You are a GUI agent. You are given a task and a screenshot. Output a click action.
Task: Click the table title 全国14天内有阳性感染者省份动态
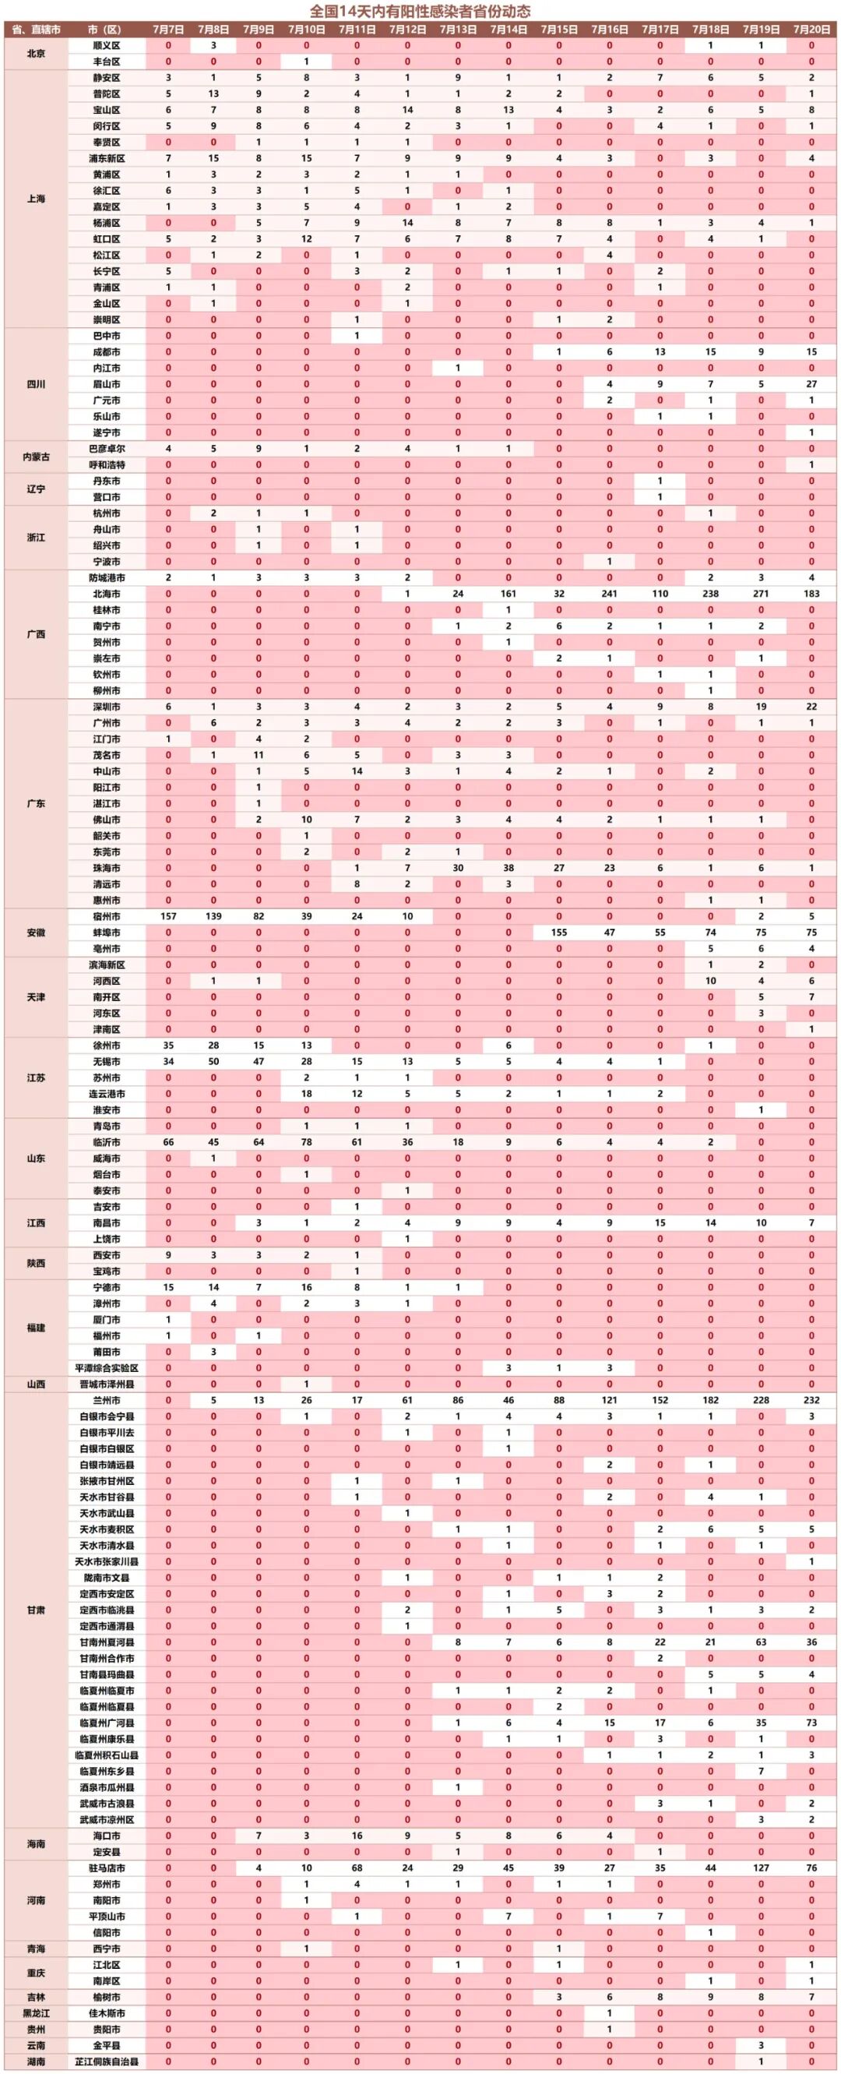pyautogui.click(x=420, y=11)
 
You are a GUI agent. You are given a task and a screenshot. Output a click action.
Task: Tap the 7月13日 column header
pyautogui.click(x=458, y=30)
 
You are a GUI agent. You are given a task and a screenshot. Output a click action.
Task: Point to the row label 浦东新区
pyautogui.click(x=106, y=159)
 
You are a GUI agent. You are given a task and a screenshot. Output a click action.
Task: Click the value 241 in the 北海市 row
pyautogui.click(x=609, y=594)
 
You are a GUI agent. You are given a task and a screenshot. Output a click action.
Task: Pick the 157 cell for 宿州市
pyautogui.click(x=168, y=916)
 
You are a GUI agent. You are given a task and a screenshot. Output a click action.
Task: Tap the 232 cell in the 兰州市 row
pyautogui.click(x=811, y=1400)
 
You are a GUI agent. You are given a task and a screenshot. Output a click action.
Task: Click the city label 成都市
pyautogui.click(x=106, y=352)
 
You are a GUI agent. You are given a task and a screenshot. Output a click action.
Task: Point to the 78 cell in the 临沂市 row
pyautogui.click(x=307, y=1142)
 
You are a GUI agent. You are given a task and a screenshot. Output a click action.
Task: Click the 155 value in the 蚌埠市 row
pyautogui.click(x=559, y=933)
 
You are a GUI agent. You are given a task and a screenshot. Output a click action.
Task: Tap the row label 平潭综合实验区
pyautogui.click(x=106, y=1368)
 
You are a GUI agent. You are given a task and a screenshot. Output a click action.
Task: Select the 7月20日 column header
pyautogui.click(x=811, y=30)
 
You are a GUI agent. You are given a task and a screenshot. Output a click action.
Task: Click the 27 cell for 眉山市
pyautogui.click(x=811, y=384)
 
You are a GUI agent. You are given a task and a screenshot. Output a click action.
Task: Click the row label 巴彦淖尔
pyautogui.click(x=106, y=449)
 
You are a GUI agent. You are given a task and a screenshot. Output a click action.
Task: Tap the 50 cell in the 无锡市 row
pyautogui.click(x=213, y=1062)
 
